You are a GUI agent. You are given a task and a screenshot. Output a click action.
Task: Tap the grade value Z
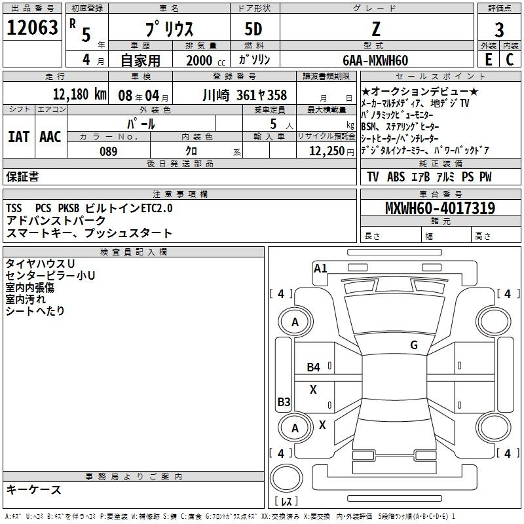(376, 28)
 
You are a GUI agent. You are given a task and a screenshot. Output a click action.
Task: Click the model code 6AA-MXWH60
(376, 60)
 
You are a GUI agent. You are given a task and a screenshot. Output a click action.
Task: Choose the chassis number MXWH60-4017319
(440, 209)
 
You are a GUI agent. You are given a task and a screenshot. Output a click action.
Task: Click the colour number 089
(108, 151)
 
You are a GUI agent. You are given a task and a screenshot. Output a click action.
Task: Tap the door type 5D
(253, 29)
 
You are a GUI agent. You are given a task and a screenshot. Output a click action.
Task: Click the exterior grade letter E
(488, 60)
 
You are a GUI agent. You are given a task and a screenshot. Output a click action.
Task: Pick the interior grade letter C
(510, 60)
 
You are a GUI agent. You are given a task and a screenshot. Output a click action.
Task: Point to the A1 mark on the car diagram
(320, 268)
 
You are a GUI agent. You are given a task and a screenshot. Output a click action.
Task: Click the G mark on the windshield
(413, 345)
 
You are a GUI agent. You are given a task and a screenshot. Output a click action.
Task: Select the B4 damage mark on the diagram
(314, 367)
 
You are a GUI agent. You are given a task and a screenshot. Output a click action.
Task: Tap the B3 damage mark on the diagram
(284, 402)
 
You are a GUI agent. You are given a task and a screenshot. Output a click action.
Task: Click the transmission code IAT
(18, 137)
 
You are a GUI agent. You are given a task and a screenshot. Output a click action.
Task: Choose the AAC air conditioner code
(50, 137)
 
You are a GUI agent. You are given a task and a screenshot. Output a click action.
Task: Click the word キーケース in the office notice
(34, 490)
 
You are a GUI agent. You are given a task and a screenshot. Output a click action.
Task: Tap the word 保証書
(22, 177)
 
